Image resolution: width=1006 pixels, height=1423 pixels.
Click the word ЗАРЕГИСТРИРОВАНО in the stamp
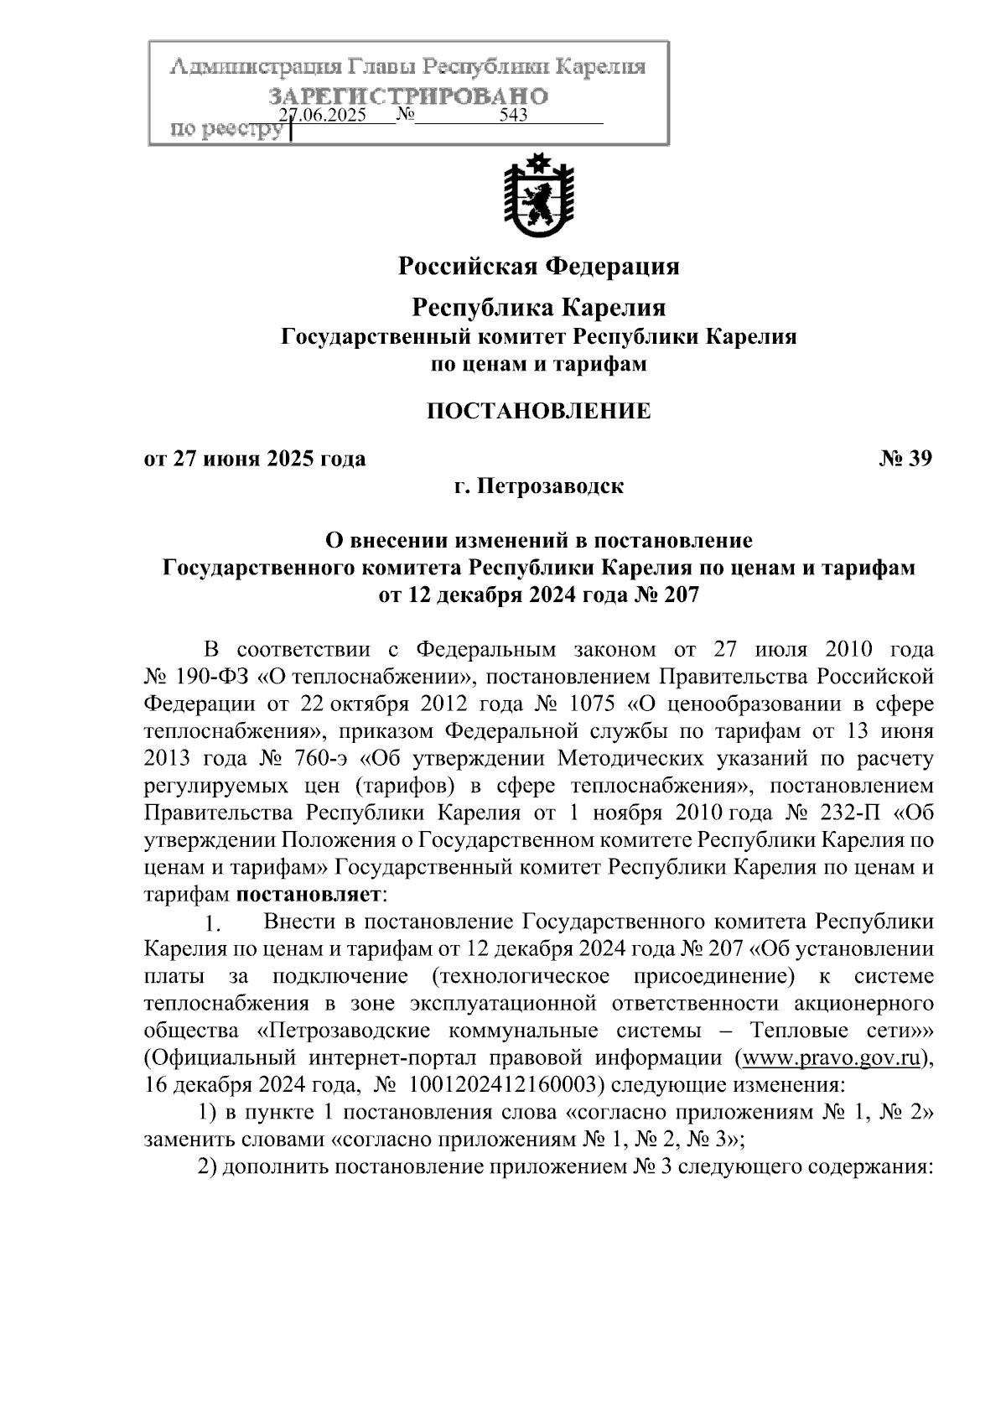click(x=408, y=96)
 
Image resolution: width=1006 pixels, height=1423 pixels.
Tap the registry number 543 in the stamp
click(x=512, y=116)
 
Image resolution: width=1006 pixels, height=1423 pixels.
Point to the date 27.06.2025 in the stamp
click(x=324, y=116)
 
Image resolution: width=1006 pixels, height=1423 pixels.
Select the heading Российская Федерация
click(x=538, y=267)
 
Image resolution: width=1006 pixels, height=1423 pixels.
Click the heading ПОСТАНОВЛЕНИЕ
click(x=538, y=411)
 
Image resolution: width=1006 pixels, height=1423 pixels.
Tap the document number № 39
click(x=905, y=459)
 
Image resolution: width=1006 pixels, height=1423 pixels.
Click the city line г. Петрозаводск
click(x=538, y=486)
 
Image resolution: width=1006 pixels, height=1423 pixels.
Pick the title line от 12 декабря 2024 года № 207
click(x=538, y=595)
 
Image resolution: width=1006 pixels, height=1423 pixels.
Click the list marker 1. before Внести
click(x=213, y=925)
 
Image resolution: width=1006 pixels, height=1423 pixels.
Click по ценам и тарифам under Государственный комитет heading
click(x=538, y=365)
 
